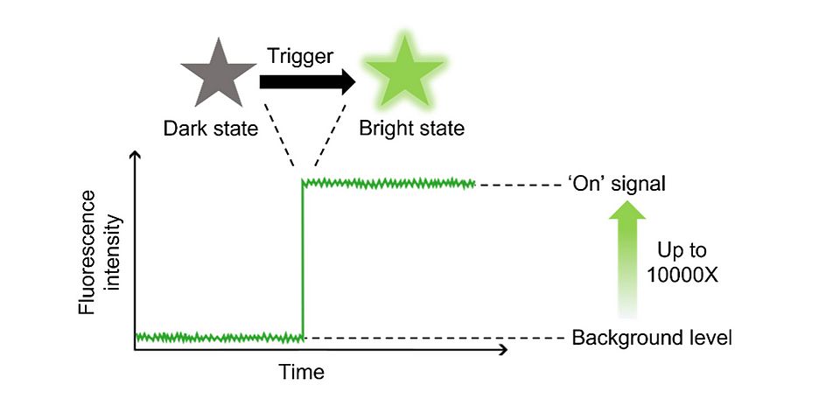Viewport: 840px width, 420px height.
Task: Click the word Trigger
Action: [299, 57]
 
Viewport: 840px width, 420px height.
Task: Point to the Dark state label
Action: [211, 129]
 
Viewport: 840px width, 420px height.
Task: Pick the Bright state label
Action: [412, 129]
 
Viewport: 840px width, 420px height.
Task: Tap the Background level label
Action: [651, 338]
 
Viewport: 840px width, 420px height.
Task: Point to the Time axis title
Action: [301, 372]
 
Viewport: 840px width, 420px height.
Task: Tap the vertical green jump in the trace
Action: [303, 262]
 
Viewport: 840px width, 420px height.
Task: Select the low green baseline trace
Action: [219, 337]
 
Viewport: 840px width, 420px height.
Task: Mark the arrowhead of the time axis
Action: [502, 350]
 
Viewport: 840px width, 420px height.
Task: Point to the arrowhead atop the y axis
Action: [135, 157]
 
